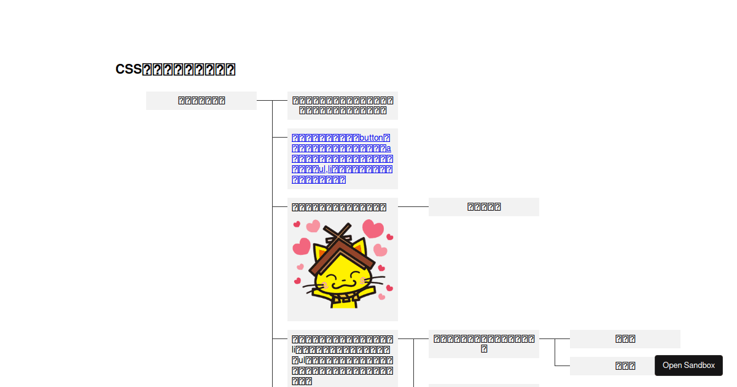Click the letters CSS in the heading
click(x=128, y=69)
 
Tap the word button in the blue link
click(x=370, y=138)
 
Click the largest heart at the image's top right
click(x=372, y=229)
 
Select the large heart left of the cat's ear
click(x=302, y=247)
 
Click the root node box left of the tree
click(x=201, y=101)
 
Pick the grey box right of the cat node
click(x=484, y=207)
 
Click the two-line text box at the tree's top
click(x=343, y=105)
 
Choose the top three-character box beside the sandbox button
click(x=625, y=338)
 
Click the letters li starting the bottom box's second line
click(x=294, y=350)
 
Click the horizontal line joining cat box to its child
click(x=413, y=207)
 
